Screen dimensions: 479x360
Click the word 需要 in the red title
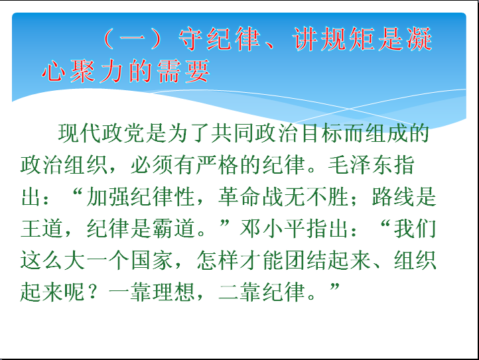pos(183,71)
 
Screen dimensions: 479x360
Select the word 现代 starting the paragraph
pos(80,133)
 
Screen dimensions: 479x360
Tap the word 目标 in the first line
pos(322,133)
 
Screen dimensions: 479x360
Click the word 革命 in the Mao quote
pos(239,197)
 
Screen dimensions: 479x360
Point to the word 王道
pos(42,229)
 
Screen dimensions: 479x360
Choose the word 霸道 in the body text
pos(174,229)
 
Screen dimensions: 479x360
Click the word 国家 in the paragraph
pos(152,261)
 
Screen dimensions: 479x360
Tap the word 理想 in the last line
pos(174,292)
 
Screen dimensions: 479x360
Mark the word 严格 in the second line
pos(217,165)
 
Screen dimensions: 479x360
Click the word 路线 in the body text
pos(393,197)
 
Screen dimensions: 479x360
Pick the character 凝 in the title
pos(419,38)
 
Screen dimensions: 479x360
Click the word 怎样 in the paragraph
pos(218,261)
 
